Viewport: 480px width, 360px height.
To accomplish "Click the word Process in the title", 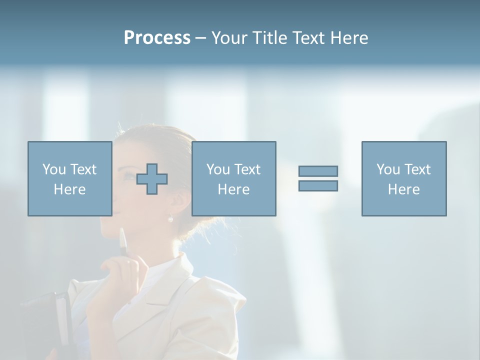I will coord(157,38).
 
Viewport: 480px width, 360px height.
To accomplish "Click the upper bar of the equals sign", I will coord(318,171).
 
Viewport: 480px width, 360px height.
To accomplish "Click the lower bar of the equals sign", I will coord(318,185).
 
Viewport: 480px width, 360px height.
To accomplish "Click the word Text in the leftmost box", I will coord(83,169).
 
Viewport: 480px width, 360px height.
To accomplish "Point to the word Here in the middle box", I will coord(233,189).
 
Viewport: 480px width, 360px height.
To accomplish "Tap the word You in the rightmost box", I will coord(388,169).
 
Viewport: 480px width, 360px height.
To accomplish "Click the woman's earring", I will coord(170,218).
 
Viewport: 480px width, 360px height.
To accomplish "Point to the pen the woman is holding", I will coord(123,242).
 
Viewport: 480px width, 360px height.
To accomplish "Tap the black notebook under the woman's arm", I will coord(47,320).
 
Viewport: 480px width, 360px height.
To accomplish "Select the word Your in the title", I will coord(227,38).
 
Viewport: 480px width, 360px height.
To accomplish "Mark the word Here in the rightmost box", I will coord(403,189).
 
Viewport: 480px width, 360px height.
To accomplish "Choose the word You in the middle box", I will coord(218,169).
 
